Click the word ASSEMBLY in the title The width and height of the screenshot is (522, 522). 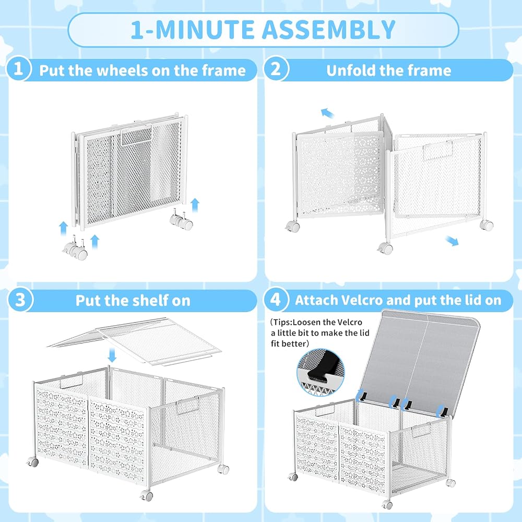[x=328, y=30]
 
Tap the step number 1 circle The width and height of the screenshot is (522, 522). [x=18, y=68]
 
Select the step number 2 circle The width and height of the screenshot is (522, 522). [x=276, y=68]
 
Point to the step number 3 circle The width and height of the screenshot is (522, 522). [x=20, y=300]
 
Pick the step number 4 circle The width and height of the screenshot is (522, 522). [x=276, y=299]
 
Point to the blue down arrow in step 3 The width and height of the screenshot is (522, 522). [x=112, y=355]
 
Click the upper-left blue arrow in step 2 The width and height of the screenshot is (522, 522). [x=327, y=113]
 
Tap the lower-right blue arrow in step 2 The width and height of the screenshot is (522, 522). [x=452, y=240]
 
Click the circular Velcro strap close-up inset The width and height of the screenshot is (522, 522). [x=321, y=372]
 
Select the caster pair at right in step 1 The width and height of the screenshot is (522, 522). [x=181, y=220]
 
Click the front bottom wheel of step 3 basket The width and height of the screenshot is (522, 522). [x=147, y=495]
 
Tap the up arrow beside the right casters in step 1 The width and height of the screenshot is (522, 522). [x=195, y=205]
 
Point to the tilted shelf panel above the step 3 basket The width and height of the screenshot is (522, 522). [x=134, y=340]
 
